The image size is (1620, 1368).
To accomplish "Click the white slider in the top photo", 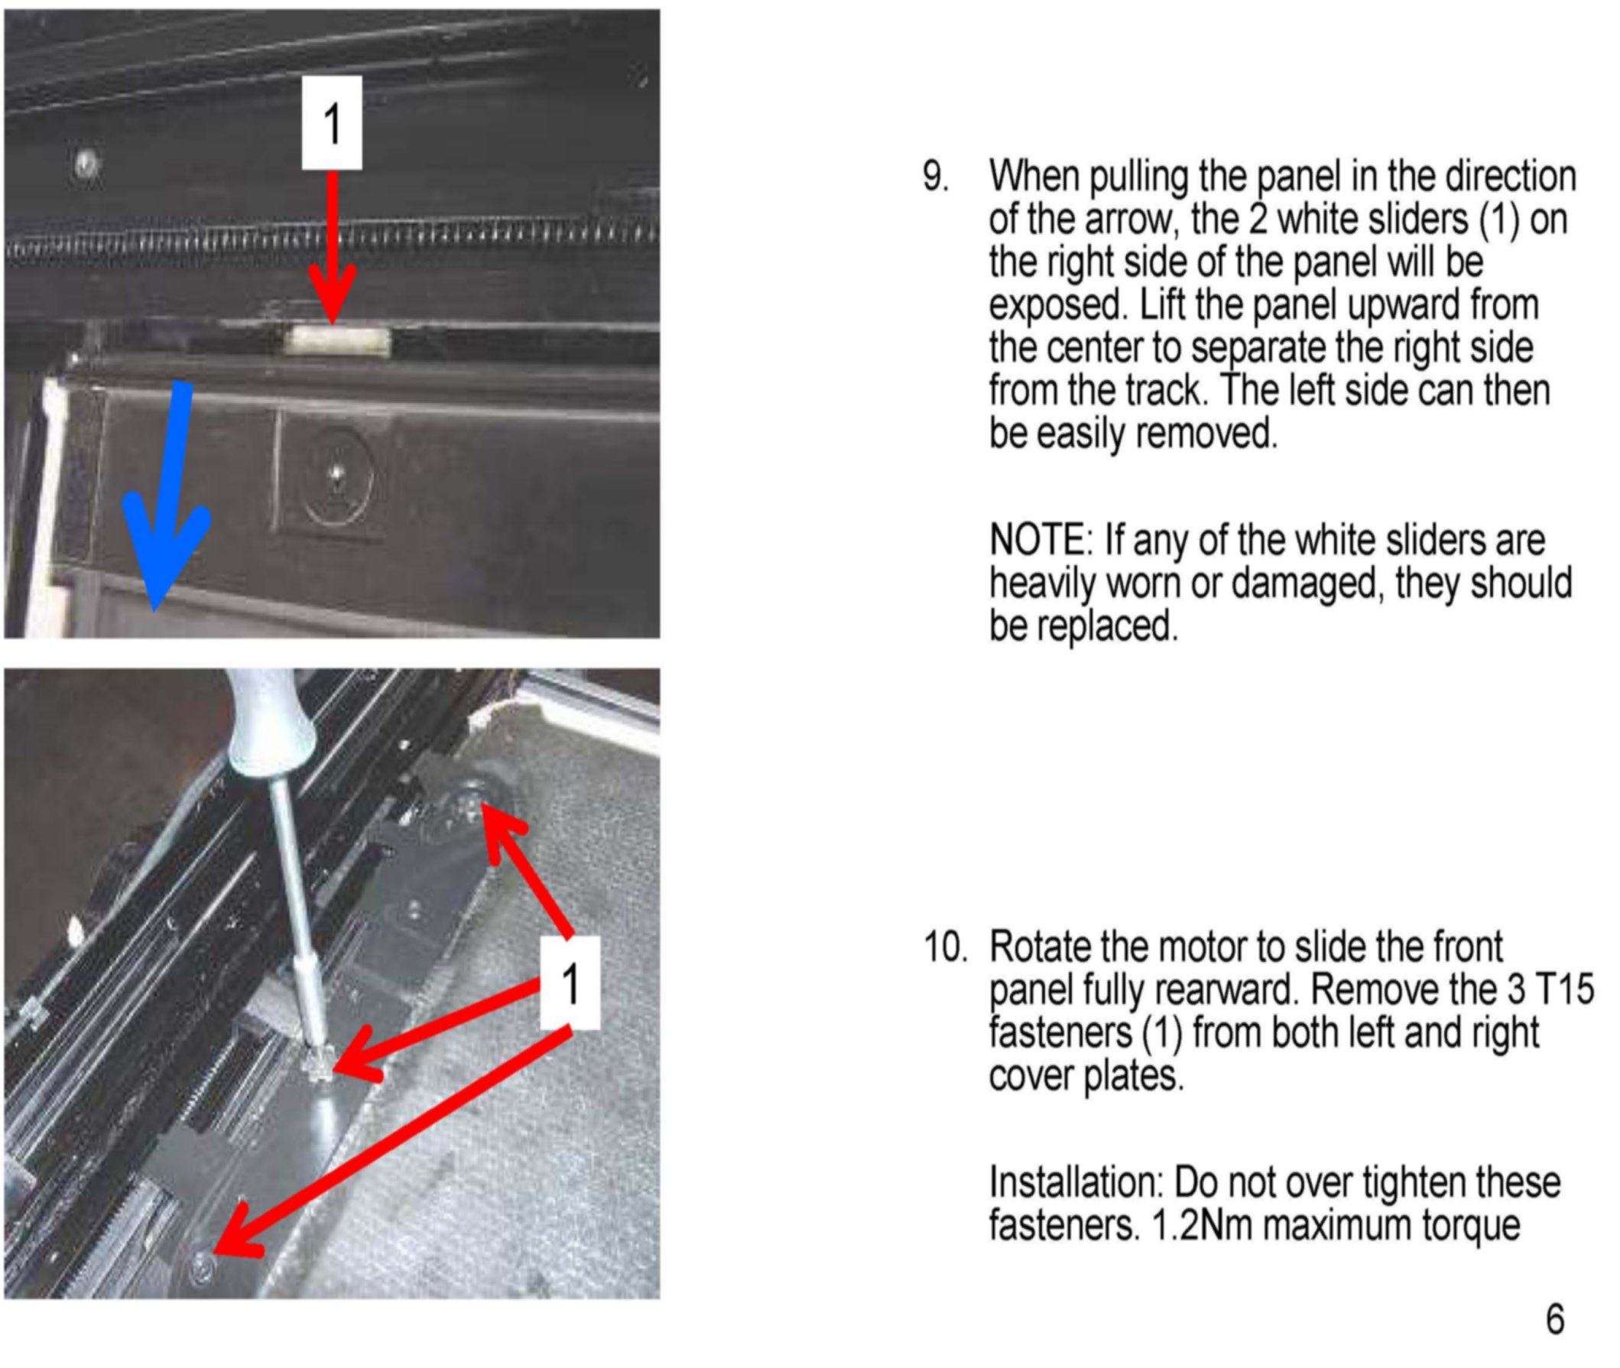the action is pyautogui.click(x=336, y=341).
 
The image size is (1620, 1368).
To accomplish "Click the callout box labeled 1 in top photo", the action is pyautogui.click(x=332, y=122).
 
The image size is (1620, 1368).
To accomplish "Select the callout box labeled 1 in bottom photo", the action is pyautogui.click(x=570, y=983).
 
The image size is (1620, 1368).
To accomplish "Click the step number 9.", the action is pyautogui.click(x=935, y=176).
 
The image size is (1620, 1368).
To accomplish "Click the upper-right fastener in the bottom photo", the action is pyautogui.click(x=471, y=804).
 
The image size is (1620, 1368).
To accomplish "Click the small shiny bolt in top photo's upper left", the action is pyautogui.click(x=86, y=164).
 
